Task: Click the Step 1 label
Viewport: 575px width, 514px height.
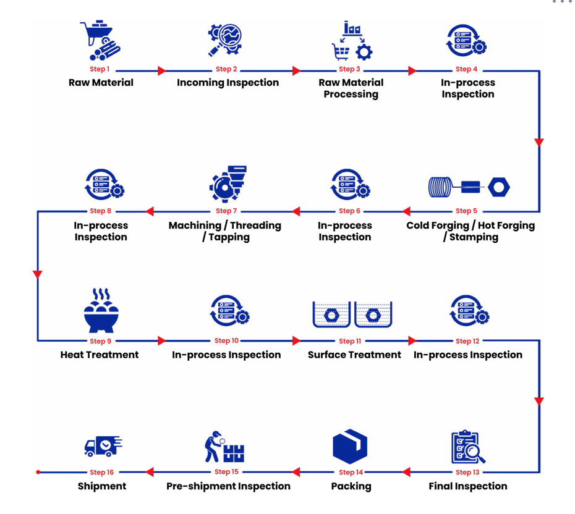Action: (100, 69)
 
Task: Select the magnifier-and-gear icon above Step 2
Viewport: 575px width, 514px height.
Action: (225, 41)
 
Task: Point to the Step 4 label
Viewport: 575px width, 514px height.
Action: (466, 69)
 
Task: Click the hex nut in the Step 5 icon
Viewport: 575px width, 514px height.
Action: (498, 187)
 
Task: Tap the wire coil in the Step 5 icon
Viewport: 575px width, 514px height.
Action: (440, 187)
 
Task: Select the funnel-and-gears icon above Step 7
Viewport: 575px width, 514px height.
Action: (226, 183)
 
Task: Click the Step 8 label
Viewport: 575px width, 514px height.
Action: (98, 211)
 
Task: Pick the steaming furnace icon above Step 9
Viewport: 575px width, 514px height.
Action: (100, 311)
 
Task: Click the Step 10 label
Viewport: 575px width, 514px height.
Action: (226, 341)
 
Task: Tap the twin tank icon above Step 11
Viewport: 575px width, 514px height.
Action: (352, 314)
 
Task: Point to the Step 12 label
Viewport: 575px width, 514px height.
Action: (467, 341)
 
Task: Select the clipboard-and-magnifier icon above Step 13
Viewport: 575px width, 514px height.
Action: (467, 448)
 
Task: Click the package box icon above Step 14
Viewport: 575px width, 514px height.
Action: (350, 447)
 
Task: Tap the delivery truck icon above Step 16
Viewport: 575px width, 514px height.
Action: (103, 446)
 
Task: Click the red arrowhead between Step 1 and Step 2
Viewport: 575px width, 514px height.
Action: (162, 71)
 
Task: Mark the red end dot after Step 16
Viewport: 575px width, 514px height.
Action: (38, 472)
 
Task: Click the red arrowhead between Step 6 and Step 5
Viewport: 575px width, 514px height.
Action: (406, 212)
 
